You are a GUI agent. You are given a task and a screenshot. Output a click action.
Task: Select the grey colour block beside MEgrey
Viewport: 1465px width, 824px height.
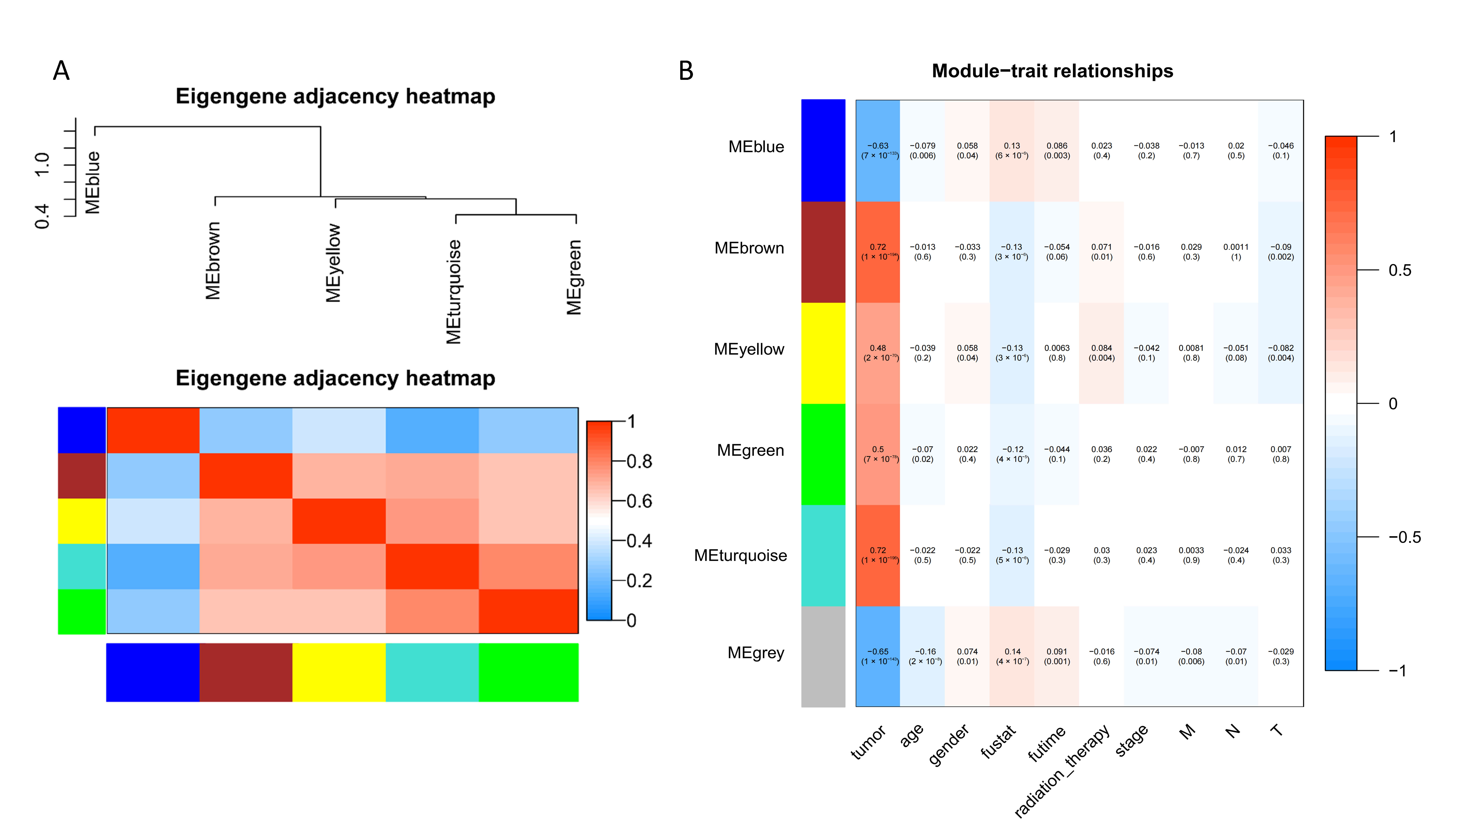(x=823, y=656)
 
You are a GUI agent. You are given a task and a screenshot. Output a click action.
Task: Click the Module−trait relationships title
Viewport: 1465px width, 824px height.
(x=1052, y=71)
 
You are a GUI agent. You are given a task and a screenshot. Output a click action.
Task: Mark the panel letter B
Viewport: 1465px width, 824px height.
(x=686, y=71)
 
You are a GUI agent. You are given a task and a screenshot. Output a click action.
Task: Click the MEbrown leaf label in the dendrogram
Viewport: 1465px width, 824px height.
(x=213, y=260)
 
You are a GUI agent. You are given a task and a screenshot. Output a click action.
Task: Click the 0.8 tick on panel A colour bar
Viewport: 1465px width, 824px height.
(x=639, y=461)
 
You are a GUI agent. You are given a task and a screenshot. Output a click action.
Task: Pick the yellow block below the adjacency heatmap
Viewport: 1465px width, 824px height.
(x=339, y=672)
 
